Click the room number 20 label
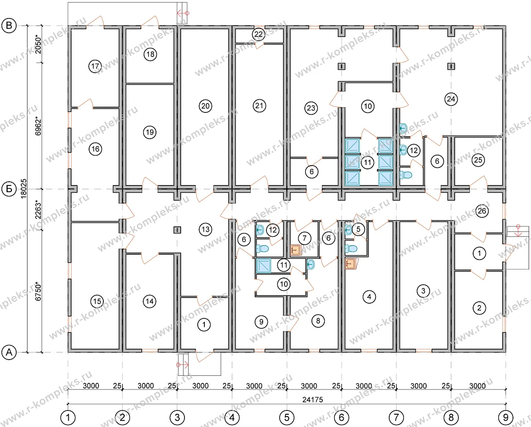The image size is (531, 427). (205, 106)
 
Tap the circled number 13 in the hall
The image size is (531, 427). (206, 230)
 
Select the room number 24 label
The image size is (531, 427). (451, 99)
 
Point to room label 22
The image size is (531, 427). (258, 34)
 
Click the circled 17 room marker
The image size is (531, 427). (95, 66)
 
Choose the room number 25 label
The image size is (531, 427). (478, 159)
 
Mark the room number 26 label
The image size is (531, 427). (482, 211)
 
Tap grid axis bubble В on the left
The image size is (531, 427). (9, 26)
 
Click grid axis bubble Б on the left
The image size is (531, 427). (9, 189)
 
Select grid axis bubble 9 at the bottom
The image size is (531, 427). (505, 417)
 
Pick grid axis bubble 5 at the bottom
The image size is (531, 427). (287, 417)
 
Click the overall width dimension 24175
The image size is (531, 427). (312, 400)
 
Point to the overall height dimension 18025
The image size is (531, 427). (24, 189)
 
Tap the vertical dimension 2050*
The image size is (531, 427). (38, 45)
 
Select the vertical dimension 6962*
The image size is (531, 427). (38, 126)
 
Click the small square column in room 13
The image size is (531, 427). (177, 230)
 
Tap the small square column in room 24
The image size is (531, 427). (451, 66)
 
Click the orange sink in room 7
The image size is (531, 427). (296, 251)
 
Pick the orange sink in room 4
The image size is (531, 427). (351, 264)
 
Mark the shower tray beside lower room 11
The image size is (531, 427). (264, 266)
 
